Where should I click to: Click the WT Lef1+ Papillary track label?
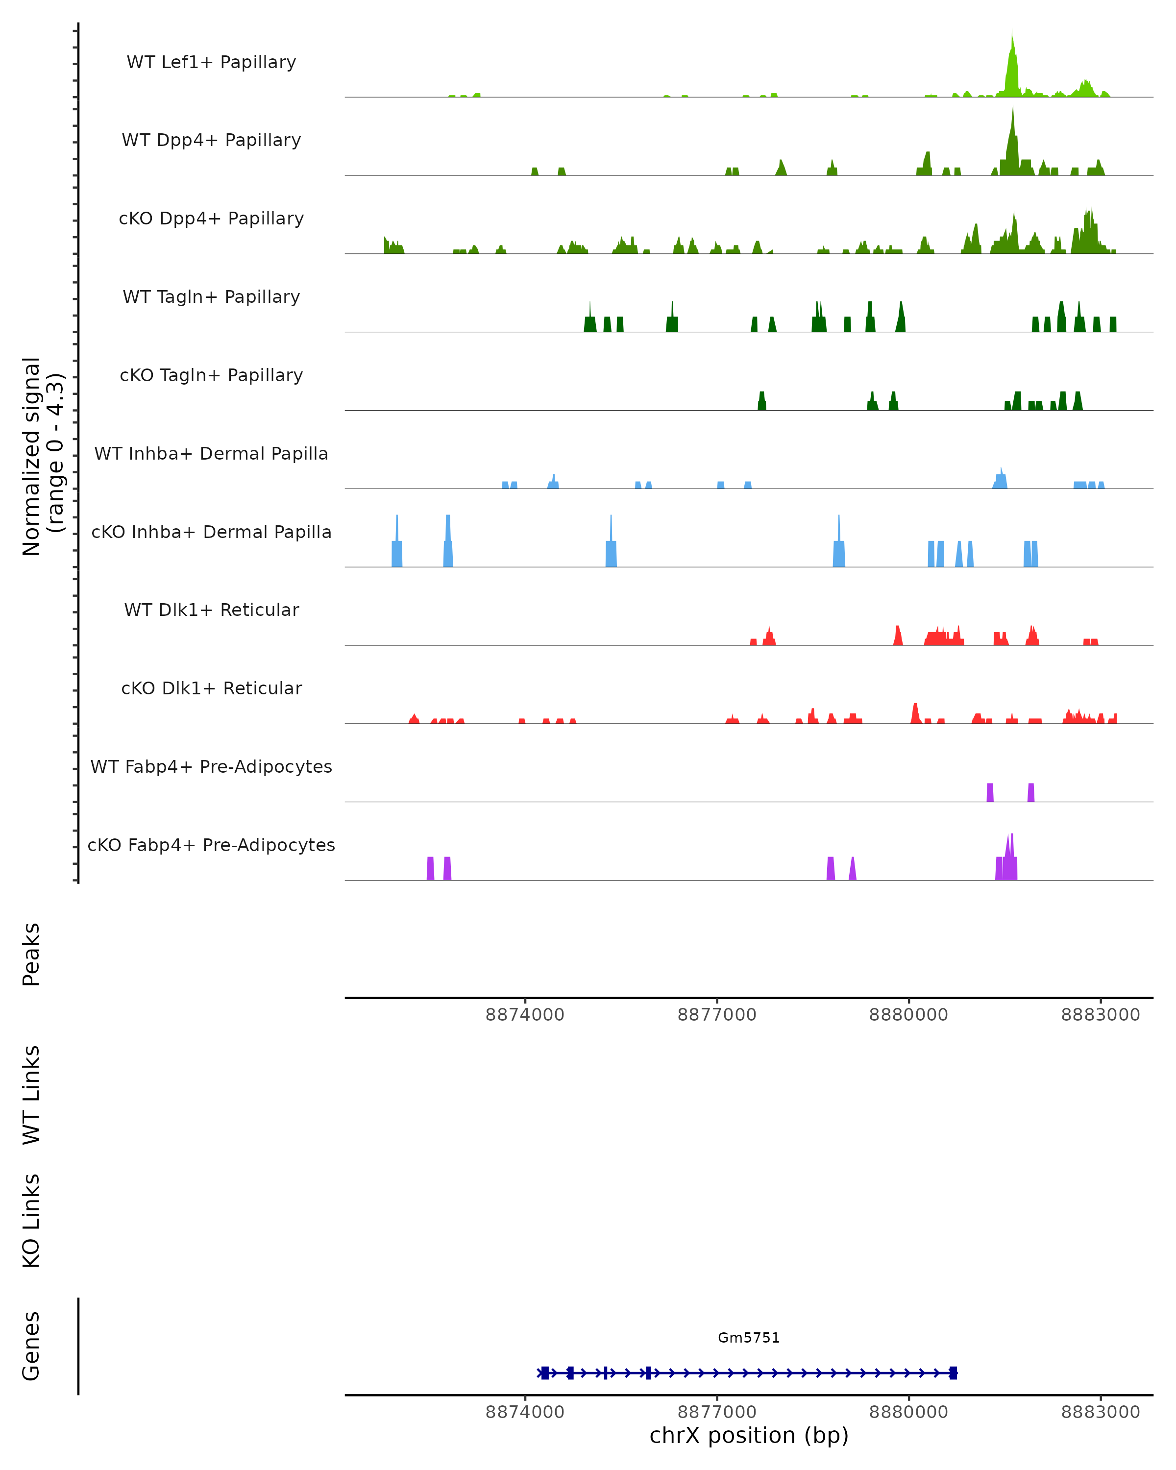211,62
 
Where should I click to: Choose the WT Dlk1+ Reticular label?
211,610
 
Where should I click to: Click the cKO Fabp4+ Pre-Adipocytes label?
211,845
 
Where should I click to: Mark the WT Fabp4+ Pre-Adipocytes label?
211,766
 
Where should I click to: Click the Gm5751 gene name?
749,1338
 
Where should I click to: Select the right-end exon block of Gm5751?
953,1372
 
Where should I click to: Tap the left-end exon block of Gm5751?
545,1372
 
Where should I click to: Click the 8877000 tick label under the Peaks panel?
716,1015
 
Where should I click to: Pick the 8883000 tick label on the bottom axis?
1101,1412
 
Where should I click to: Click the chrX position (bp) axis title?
749,1436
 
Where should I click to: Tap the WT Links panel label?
31,1094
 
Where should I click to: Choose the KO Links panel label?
31,1221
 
